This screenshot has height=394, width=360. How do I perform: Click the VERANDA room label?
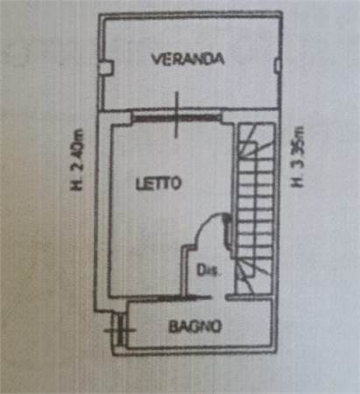[x=187, y=59]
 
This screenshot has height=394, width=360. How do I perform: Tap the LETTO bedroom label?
[x=159, y=183]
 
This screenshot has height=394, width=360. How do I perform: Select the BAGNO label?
[x=195, y=327]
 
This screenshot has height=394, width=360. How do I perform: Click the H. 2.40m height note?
[x=77, y=159]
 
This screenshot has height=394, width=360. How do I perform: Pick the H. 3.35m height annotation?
[x=297, y=157]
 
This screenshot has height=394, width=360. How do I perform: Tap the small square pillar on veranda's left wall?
[x=105, y=67]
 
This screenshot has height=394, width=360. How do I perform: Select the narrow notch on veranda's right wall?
[x=278, y=65]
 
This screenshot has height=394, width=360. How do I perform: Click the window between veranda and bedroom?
[x=176, y=118]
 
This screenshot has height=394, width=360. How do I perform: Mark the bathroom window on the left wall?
[x=120, y=330]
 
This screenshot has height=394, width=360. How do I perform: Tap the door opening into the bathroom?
[x=218, y=298]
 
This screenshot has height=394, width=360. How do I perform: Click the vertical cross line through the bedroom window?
[x=176, y=115]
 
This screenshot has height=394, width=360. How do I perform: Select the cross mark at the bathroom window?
[x=120, y=330]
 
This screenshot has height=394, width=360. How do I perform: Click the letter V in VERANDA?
[x=157, y=59]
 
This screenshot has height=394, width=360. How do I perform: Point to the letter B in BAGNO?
[x=173, y=327]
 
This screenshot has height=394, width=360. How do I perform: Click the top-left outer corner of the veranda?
[x=99, y=14]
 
